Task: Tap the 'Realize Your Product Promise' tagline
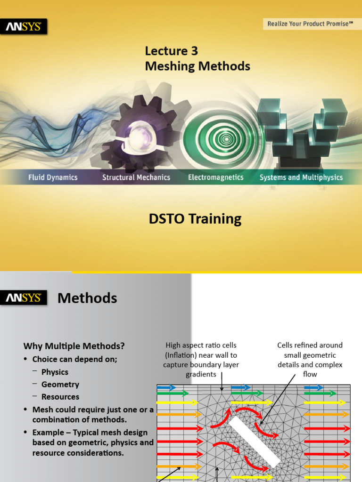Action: (x=310, y=24)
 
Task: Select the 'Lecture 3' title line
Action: (x=171, y=51)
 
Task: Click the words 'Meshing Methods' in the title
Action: (x=197, y=66)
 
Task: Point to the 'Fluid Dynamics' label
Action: (x=52, y=177)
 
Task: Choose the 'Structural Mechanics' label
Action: (x=136, y=177)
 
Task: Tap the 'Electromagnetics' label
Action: (x=215, y=177)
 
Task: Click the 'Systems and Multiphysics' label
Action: (x=301, y=177)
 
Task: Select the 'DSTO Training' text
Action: (x=195, y=219)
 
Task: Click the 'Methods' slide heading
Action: (x=87, y=298)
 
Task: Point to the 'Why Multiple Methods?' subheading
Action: (x=74, y=346)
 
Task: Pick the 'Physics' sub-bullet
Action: (x=55, y=372)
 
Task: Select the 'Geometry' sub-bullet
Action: (x=60, y=385)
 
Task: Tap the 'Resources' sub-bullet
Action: (x=60, y=397)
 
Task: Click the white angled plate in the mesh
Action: (x=255, y=442)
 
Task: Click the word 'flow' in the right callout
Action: (x=310, y=375)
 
